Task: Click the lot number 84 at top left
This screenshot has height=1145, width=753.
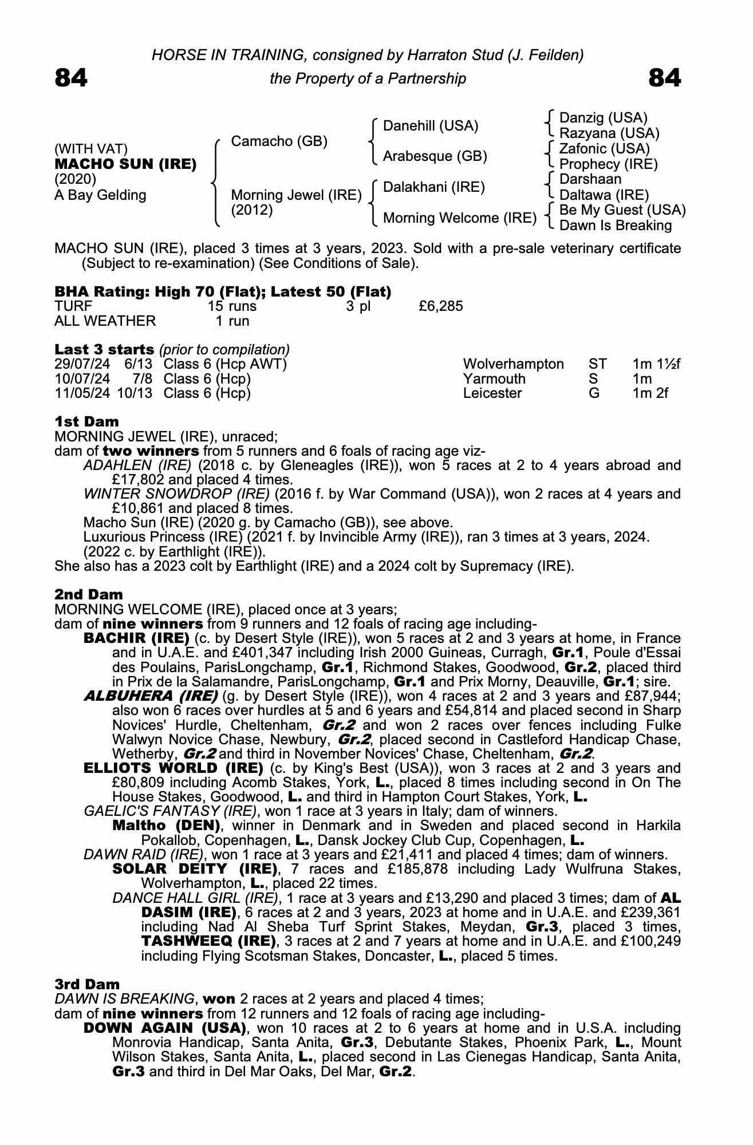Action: [71, 78]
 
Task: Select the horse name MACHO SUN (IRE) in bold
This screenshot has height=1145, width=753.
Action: [125, 164]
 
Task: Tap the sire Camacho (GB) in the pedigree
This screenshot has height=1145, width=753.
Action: [279, 141]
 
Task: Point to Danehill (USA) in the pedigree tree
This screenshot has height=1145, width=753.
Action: [430, 126]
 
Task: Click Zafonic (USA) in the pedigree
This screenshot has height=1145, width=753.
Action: [604, 149]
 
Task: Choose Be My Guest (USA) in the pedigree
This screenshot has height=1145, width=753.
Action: [622, 210]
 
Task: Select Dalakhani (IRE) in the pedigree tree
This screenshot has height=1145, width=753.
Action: [433, 187]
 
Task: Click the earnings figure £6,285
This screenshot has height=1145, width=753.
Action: [440, 306]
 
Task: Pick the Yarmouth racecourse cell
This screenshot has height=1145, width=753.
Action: [494, 379]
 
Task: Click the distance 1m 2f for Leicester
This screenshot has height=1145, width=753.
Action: [650, 393]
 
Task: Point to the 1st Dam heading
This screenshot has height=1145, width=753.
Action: [86, 423]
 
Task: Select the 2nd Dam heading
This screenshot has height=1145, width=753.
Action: [88, 595]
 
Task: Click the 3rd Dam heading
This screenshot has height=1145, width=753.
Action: [87, 984]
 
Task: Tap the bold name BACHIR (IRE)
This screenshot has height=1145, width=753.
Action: [136, 638]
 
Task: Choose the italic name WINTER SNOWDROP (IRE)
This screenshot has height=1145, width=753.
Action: [176, 494]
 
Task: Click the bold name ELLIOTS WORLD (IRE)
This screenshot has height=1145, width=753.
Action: [173, 768]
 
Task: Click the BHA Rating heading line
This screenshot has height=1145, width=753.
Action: [223, 292]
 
